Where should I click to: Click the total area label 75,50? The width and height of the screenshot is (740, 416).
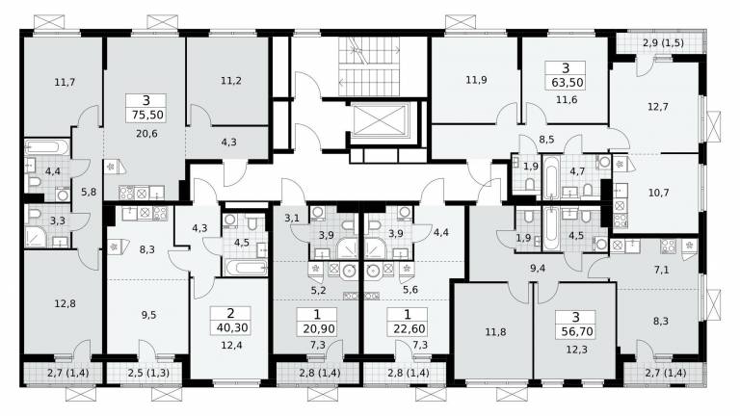tap(145, 115)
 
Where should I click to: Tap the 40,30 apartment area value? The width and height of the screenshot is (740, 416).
tap(231, 327)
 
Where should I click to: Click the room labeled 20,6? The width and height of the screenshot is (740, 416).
tap(146, 134)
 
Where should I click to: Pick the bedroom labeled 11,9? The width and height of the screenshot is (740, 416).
tap(476, 80)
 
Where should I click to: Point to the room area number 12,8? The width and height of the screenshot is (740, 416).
tap(65, 303)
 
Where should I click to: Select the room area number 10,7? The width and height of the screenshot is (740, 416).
tap(658, 193)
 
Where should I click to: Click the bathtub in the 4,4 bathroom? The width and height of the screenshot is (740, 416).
tap(46, 146)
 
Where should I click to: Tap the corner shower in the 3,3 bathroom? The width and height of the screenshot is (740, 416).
tap(36, 237)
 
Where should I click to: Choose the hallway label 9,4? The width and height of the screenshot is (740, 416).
tap(538, 268)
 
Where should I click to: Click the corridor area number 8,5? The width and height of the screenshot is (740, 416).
tap(546, 140)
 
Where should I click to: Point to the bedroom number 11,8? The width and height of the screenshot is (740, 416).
tap(495, 332)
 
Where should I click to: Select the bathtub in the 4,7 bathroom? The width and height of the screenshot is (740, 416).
tap(550, 177)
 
